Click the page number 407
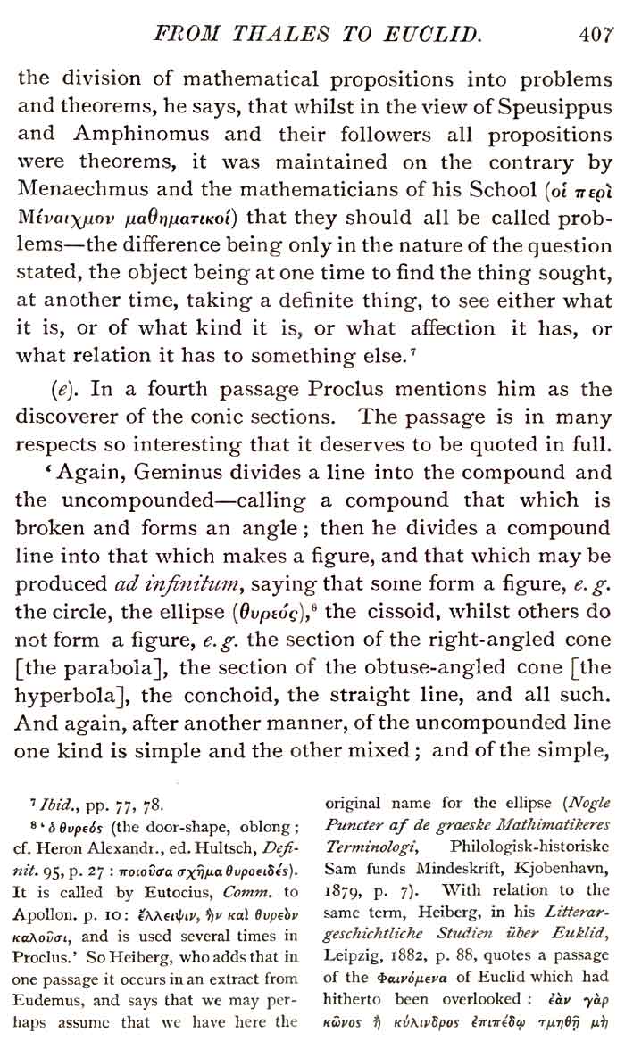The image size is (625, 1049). click(x=596, y=36)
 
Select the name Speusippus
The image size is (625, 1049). click(x=544, y=108)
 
